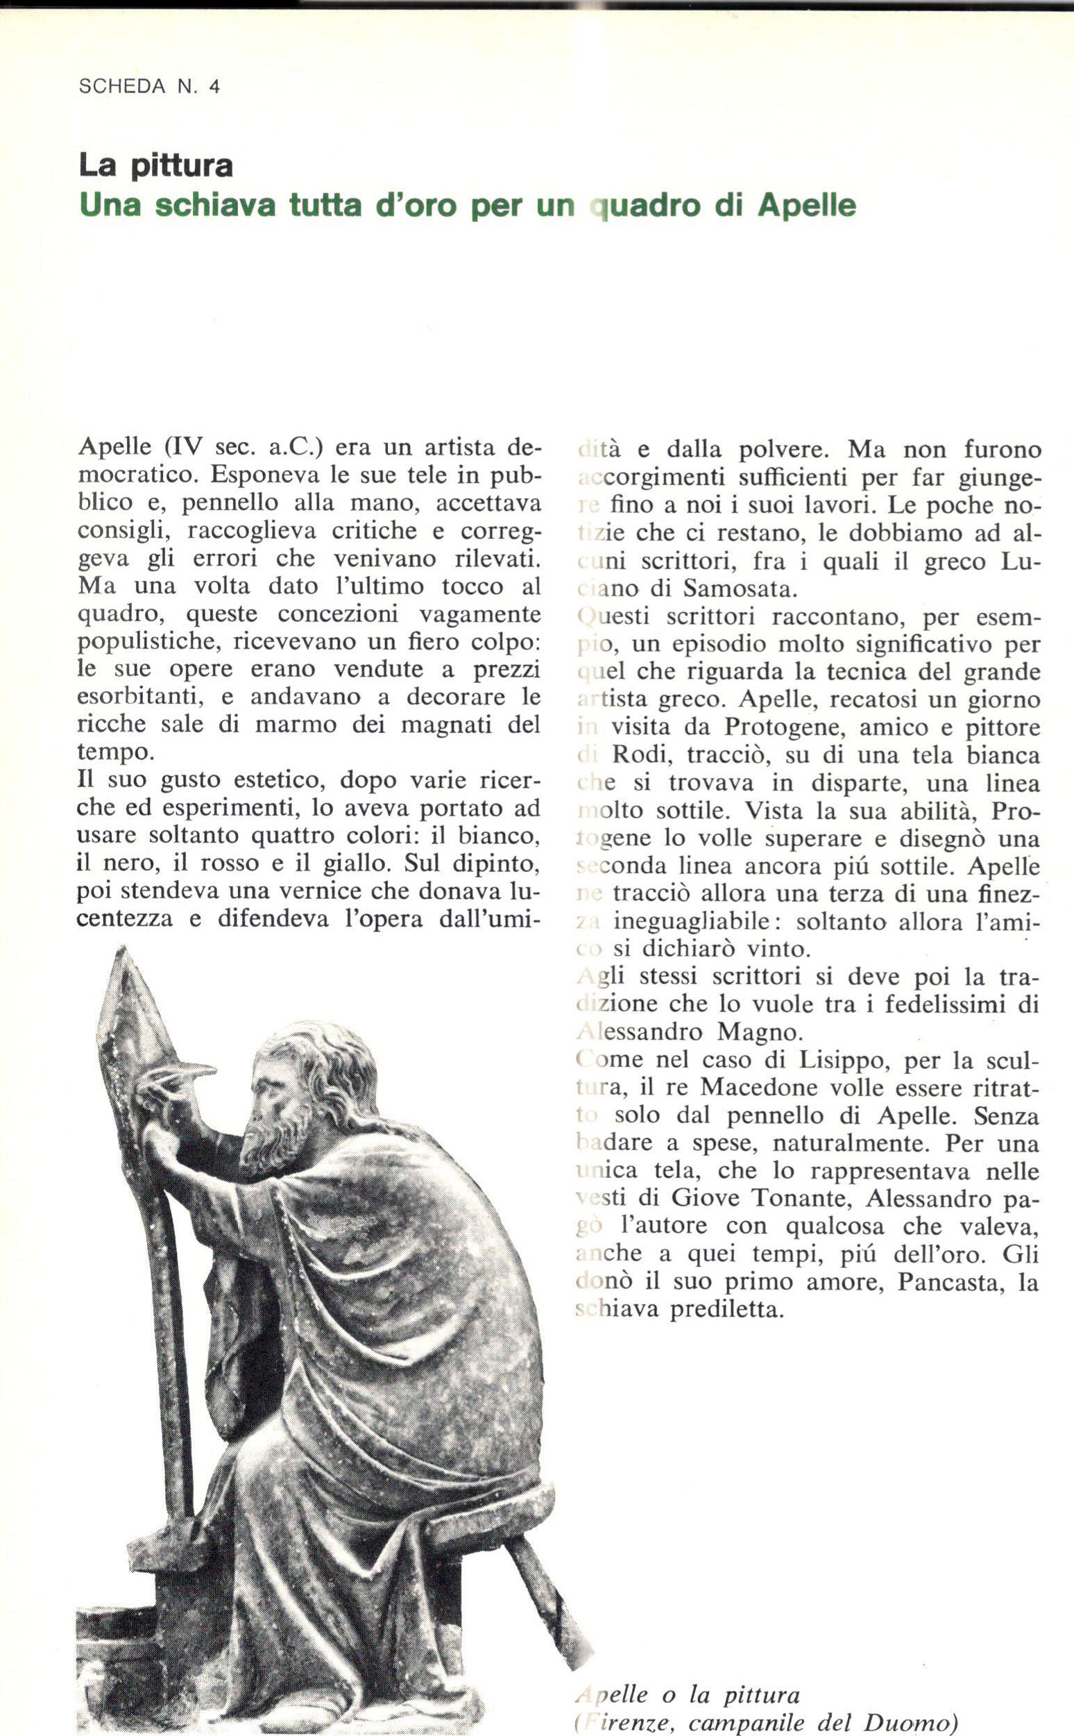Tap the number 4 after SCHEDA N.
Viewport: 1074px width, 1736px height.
(x=214, y=87)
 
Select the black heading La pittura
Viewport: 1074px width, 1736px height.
(x=155, y=166)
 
